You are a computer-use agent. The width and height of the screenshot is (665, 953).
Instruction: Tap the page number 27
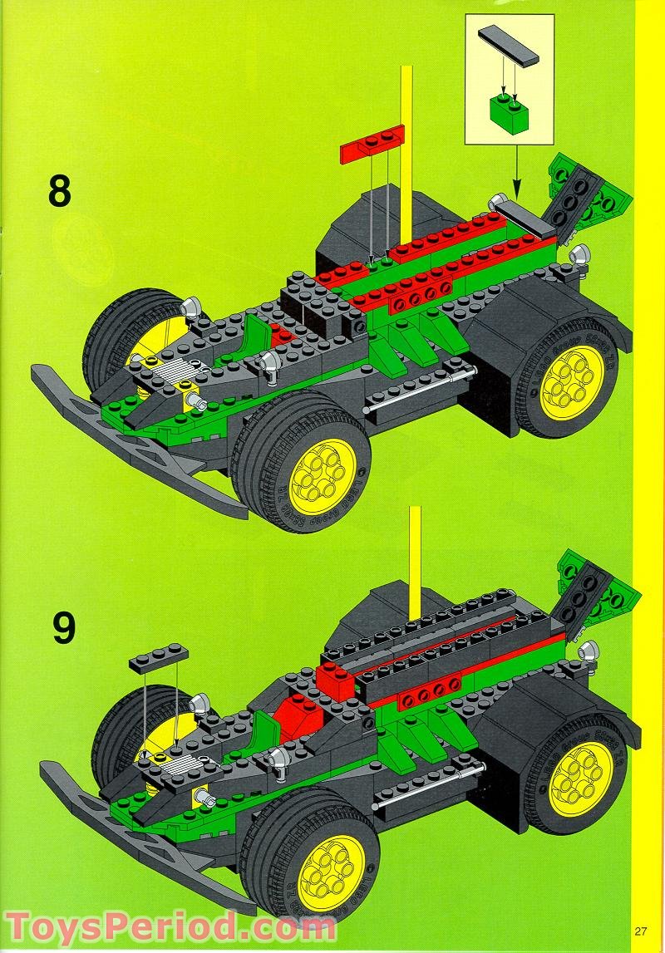tap(639, 930)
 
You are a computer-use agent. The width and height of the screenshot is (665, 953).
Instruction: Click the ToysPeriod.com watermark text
tap(158, 926)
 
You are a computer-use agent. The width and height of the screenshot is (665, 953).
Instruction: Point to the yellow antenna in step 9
tap(415, 557)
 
